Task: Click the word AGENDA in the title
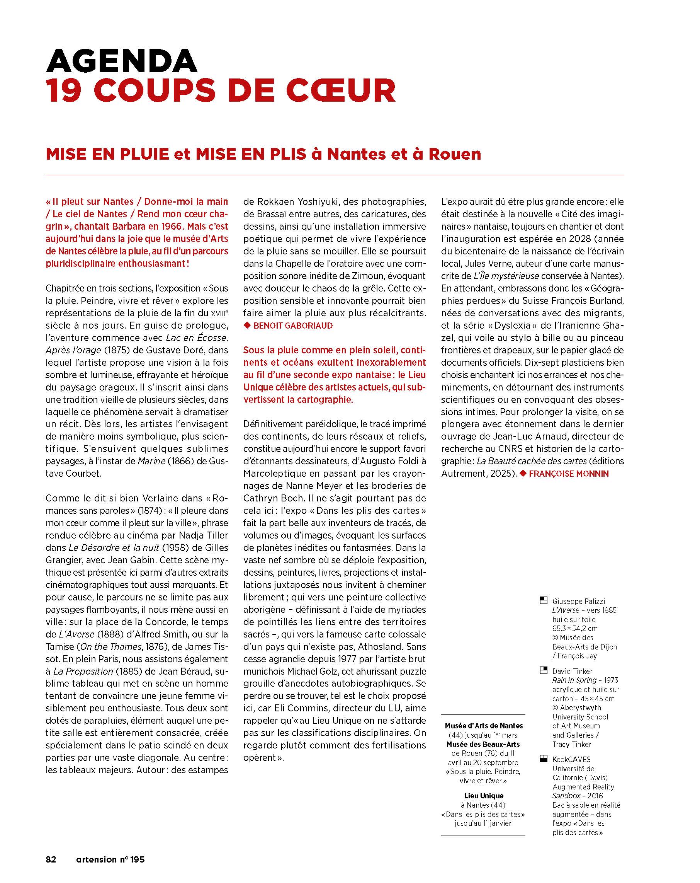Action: tap(122, 61)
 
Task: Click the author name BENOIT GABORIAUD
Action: tap(293, 326)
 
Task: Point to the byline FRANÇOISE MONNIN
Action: tap(568, 474)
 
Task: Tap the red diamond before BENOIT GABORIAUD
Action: tap(247, 326)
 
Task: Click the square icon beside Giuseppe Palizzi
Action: tap(544, 601)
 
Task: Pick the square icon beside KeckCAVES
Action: tap(544, 759)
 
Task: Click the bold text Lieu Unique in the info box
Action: tap(483, 795)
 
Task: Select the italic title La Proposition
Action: tap(83, 671)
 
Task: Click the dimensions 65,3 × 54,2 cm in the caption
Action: tap(575, 628)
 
